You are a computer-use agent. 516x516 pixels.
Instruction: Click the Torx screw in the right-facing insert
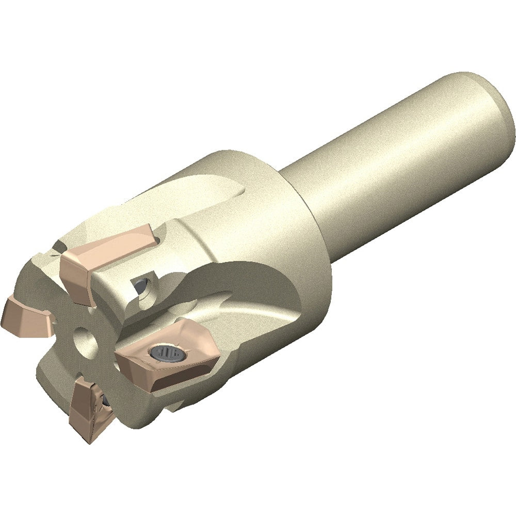pyautogui.click(x=166, y=353)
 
